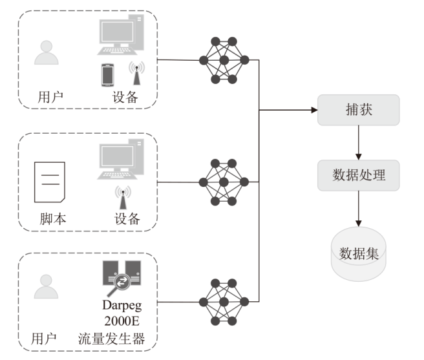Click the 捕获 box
click(x=359, y=111)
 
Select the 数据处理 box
click(x=359, y=175)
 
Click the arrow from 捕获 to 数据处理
click(x=359, y=142)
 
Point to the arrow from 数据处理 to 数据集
click(x=359, y=207)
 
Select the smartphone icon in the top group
click(x=107, y=74)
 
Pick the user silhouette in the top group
click(x=47, y=53)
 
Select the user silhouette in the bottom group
click(x=47, y=288)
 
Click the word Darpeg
click(x=122, y=305)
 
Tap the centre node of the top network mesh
click(x=224, y=60)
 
